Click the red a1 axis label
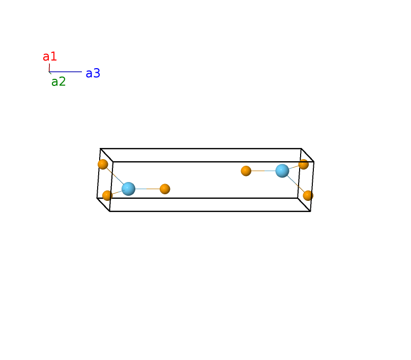coord(50,56)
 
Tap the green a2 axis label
coord(58,82)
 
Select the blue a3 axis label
coord(93,73)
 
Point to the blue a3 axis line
coord(65,72)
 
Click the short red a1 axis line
coord(49,68)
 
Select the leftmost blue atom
coord(128,189)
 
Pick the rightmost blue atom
coord(282,171)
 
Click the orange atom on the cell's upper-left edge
coord(103,164)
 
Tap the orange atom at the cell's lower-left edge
coord(107,195)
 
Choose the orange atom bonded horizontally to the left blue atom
coord(165,189)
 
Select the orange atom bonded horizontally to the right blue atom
coord(246,171)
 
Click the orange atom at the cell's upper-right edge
coord(304,164)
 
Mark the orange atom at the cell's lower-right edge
coord(308,195)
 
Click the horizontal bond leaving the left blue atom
coord(148,189)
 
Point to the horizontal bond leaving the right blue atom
coord(263,171)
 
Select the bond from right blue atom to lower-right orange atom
coord(296,184)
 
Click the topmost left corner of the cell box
coord(100,148)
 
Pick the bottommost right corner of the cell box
coord(311,211)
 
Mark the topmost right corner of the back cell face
coord(301,148)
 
